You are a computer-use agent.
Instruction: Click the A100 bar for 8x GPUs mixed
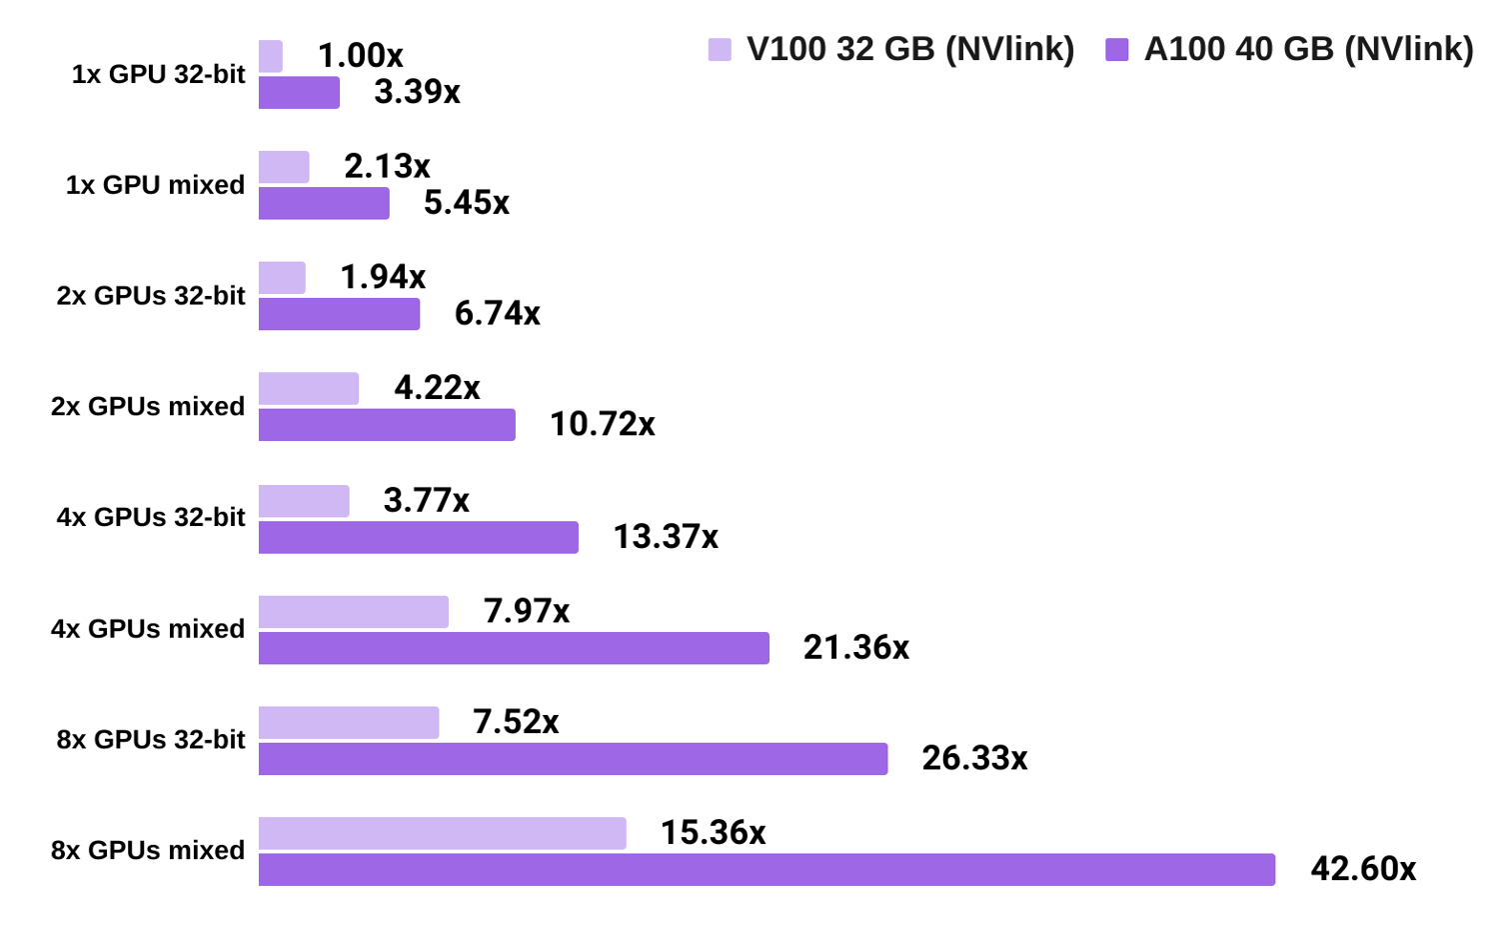pyautogui.click(x=766, y=869)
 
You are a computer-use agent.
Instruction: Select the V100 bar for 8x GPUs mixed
pyautogui.click(x=443, y=833)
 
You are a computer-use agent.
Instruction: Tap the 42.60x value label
pyautogui.click(x=1363, y=869)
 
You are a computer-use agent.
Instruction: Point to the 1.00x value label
pyautogui.click(x=360, y=56)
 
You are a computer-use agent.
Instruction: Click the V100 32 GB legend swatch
pyautogui.click(x=720, y=49)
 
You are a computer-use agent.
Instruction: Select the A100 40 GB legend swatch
pyautogui.click(x=1117, y=49)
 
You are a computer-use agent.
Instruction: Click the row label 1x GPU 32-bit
pyautogui.click(x=158, y=75)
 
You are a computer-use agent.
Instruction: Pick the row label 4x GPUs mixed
pyautogui.click(x=148, y=629)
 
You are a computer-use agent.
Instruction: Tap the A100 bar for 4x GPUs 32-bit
pyautogui.click(x=418, y=537)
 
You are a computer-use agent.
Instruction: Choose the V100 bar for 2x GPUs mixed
pyautogui.click(x=309, y=389)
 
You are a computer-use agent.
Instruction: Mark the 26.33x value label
pyautogui.click(x=974, y=758)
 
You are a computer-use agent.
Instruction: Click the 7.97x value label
pyautogui.click(x=527, y=611)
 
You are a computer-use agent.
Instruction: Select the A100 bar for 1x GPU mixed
pyautogui.click(x=324, y=203)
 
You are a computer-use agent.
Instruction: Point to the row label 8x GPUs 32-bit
pyautogui.click(x=151, y=740)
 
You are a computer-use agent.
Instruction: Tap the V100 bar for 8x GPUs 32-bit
pyautogui.click(x=349, y=722)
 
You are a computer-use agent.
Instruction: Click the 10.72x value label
pyautogui.click(x=603, y=425)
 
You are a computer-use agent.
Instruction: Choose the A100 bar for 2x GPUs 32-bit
pyautogui.click(x=339, y=314)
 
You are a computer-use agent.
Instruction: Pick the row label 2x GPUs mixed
pyautogui.click(x=148, y=407)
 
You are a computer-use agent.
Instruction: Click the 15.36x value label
pyautogui.click(x=713, y=833)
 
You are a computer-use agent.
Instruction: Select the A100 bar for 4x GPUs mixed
pyautogui.click(x=514, y=648)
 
